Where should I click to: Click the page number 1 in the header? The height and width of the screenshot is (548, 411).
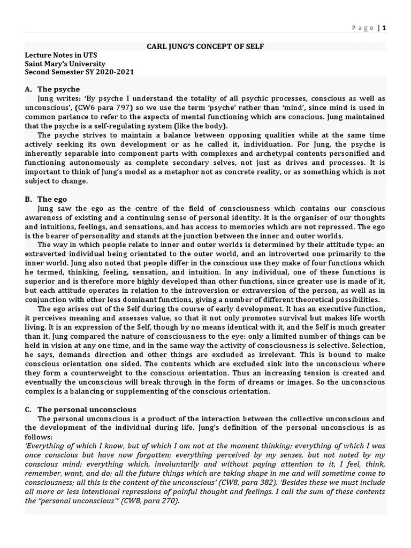[x=384, y=28]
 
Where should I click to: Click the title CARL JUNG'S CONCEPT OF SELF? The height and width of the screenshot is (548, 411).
[x=205, y=47]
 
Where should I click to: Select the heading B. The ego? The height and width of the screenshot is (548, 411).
[x=47, y=199]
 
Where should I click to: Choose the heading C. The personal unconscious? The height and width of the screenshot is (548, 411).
[x=80, y=409]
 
